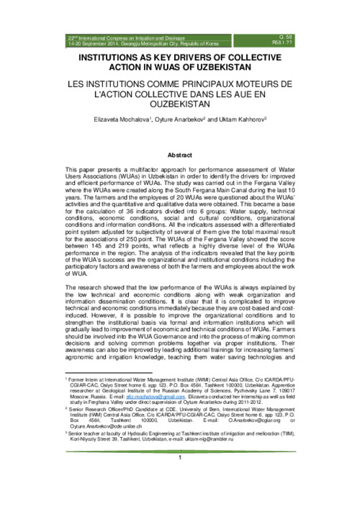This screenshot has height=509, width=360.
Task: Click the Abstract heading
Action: coord(180,155)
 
